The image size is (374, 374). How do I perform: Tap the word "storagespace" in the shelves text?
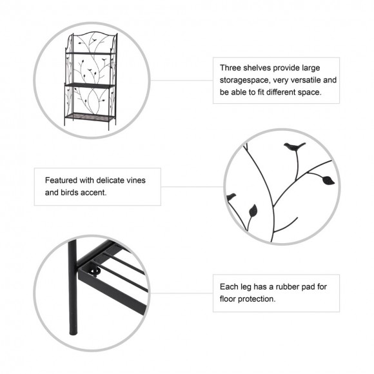pyautogui.click(x=244, y=81)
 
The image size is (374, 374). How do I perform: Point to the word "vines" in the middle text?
pyautogui.click(x=137, y=181)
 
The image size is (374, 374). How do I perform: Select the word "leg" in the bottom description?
pyautogui.click(x=246, y=287)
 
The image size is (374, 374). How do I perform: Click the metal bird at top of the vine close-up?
pyautogui.click(x=294, y=146)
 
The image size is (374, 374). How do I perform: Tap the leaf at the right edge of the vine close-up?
pyautogui.click(x=328, y=180)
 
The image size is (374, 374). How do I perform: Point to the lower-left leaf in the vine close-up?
pyautogui.click(x=253, y=211)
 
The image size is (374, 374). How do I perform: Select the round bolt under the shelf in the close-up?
pyautogui.click(x=95, y=271)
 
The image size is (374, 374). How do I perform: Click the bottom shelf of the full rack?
pyautogui.click(x=90, y=117)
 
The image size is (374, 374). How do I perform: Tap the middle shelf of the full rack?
pyautogui.click(x=90, y=85)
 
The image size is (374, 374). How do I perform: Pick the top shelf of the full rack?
pyautogui.click(x=90, y=54)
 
